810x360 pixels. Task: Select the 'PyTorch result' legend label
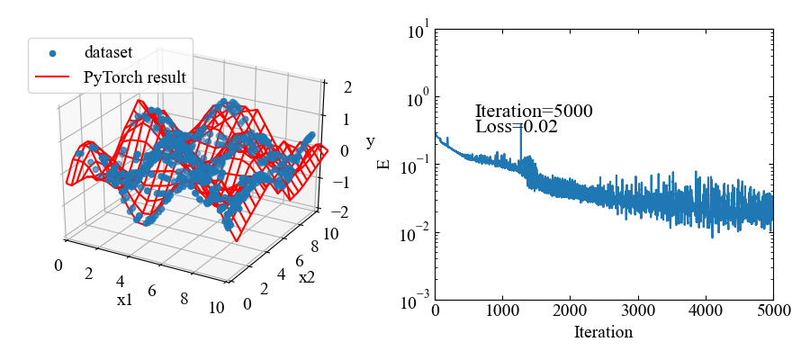(x=134, y=77)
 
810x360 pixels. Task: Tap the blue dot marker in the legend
(x=52, y=54)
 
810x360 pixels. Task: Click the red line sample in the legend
(x=52, y=78)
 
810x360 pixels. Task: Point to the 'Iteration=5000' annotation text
(x=534, y=112)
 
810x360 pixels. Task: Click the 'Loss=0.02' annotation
(x=517, y=127)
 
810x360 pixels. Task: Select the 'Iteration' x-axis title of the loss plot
(x=603, y=332)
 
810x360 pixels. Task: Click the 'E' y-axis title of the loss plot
(x=384, y=164)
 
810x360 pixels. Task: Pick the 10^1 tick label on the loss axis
(x=418, y=31)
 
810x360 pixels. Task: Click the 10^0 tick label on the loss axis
(x=418, y=99)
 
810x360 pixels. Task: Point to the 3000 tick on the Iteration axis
(x=637, y=310)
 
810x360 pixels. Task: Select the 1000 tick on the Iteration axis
(x=502, y=310)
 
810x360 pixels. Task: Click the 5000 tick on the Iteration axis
(x=772, y=310)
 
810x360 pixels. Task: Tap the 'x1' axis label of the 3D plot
(x=124, y=300)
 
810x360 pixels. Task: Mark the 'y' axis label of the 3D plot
(x=370, y=142)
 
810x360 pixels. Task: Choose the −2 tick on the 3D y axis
(x=340, y=212)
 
